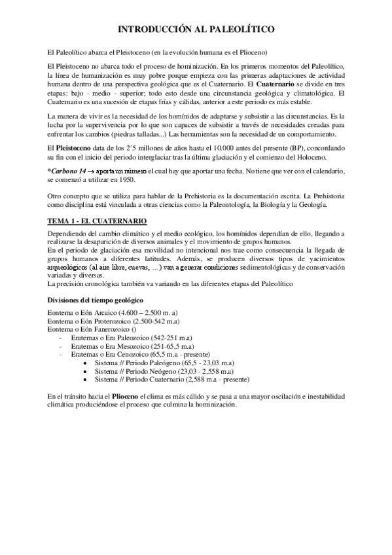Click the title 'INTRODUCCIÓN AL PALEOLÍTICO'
[196, 29]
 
